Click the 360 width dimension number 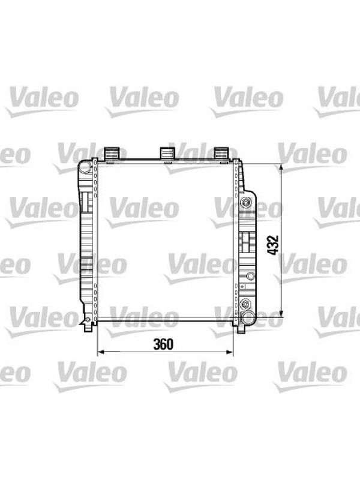coord(163,344)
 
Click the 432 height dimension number coord(273,245)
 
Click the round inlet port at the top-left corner coord(85,167)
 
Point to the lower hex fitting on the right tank coord(245,304)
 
